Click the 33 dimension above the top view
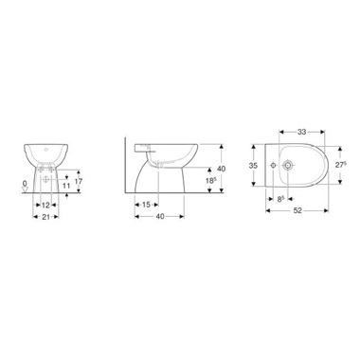click(x=302, y=132)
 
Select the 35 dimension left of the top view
click(x=253, y=166)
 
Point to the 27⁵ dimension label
click(x=341, y=165)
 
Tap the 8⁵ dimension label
click(x=280, y=199)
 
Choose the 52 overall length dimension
click(x=297, y=210)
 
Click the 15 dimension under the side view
click(x=146, y=205)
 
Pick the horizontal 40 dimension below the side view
click(x=160, y=217)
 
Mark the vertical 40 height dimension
click(x=222, y=169)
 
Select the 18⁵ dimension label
click(x=211, y=181)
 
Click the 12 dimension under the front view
click(x=45, y=206)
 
